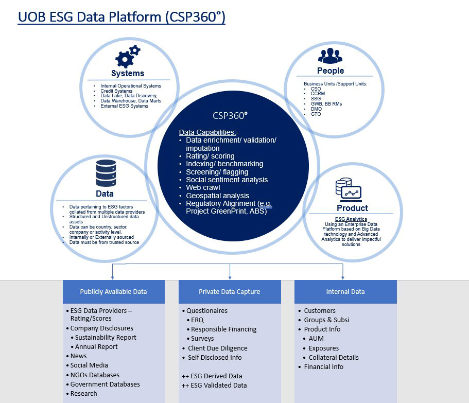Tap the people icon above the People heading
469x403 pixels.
coord(330,55)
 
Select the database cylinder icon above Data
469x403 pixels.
coord(106,173)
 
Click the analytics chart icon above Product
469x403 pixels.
coord(348,190)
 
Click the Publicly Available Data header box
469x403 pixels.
coord(113,291)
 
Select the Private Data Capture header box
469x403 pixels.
coord(230,291)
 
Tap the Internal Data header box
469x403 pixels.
coord(345,291)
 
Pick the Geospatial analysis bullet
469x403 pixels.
coord(217,196)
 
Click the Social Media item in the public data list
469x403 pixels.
coord(89,365)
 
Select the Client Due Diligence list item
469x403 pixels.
coord(217,348)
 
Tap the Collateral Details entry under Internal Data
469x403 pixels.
coord(334,357)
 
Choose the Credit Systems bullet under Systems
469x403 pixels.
coord(116,91)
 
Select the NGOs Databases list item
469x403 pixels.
coord(95,375)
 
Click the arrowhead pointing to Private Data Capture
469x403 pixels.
coord(230,277)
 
